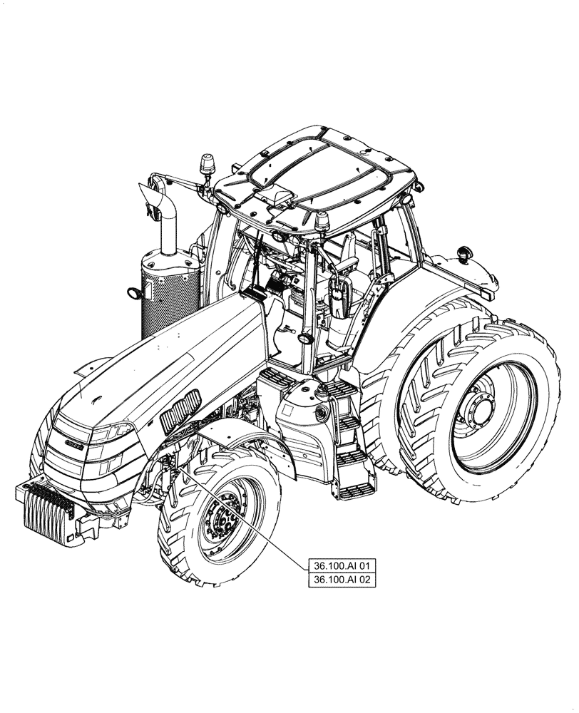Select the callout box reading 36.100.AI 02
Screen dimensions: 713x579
[x=342, y=580]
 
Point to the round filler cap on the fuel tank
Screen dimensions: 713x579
[x=320, y=413]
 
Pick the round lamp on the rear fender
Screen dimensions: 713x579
[x=466, y=252]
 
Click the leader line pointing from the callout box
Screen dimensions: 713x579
[x=242, y=513]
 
